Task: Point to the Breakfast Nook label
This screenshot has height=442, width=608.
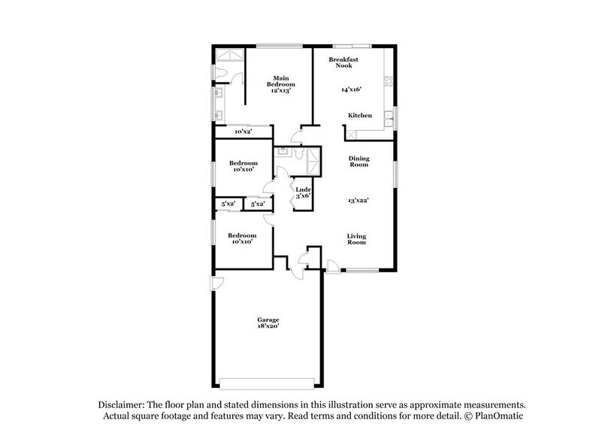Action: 343,62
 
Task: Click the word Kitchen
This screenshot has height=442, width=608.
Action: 360,115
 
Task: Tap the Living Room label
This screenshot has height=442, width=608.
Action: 356,239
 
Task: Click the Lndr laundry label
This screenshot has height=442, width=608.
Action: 303,189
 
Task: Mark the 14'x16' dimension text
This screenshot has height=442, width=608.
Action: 351,89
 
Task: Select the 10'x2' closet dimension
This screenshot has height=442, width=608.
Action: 243,132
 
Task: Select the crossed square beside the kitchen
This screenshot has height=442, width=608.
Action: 351,133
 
